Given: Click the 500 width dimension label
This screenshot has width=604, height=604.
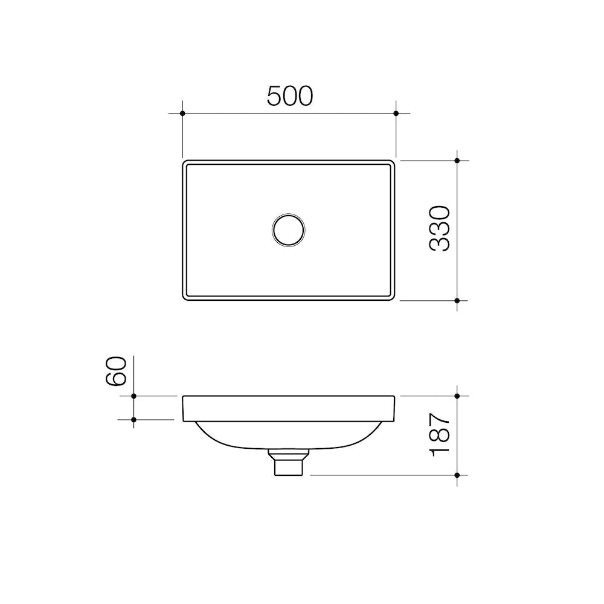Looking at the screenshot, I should [290, 96].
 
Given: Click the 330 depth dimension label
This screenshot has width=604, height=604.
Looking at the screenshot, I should [440, 228].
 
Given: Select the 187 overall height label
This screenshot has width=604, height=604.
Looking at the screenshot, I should [440, 434].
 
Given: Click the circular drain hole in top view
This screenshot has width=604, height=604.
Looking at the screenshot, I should [288, 230].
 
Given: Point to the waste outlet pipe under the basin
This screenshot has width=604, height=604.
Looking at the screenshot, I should [288, 463].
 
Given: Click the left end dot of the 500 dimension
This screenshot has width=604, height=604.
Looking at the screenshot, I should [182, 113].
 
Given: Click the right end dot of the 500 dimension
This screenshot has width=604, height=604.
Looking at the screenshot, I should [396, 113].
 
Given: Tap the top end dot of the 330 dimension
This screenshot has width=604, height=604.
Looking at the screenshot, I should [457, 161].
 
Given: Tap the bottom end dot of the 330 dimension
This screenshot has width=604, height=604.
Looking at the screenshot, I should [457, 300].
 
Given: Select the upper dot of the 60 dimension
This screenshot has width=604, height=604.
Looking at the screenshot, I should [134, 396].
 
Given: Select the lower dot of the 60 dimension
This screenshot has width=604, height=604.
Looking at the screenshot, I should [134, 419].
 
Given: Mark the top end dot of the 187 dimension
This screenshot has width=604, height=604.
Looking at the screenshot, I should [457, 396].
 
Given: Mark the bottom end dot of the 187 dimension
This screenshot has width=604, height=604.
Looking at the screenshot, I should [457, 475].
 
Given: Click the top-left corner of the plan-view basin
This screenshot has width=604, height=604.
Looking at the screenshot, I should [184, 162].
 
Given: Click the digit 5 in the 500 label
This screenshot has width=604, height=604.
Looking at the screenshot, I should [275, 96].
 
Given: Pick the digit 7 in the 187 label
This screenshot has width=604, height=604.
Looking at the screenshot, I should [440, 420].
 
